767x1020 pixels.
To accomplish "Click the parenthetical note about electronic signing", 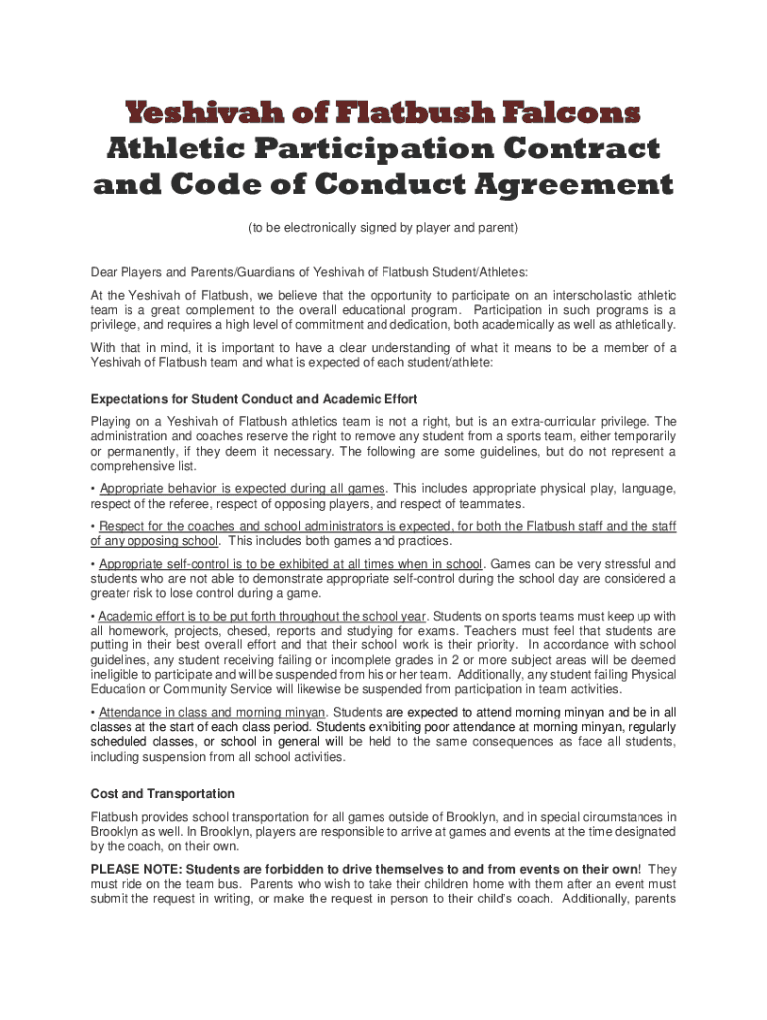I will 383,228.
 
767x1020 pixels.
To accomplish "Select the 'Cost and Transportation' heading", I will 162,794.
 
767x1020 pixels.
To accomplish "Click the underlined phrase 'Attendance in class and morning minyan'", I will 212,712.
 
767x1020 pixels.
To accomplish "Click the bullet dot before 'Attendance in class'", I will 93,712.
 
